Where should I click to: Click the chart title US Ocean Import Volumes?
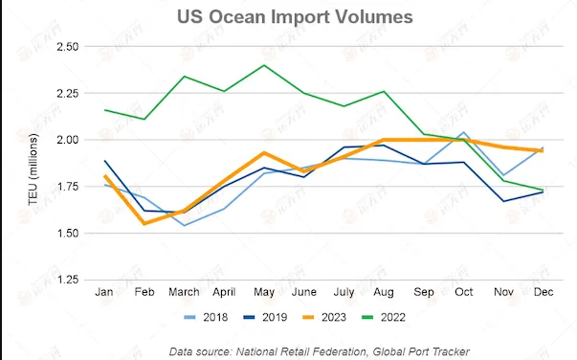[x=295, y=17]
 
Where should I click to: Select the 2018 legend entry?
[x=206, y=317]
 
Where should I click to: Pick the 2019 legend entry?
[x=265, y=317]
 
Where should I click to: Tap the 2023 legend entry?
[x=324, y=317]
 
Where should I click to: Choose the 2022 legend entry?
[x=384, y=317]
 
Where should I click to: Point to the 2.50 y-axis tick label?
[x=68, y=47]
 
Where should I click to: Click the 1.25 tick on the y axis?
[x=68, y=280]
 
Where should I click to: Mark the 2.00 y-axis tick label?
[x=68, y=140]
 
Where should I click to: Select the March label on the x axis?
[x=184, y=292]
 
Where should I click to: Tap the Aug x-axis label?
[x=384, y=292]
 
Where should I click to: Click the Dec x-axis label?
[x=544, y=292]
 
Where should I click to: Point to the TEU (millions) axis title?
[x=33, y=169]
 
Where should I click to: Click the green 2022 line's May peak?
[x=264, y=65]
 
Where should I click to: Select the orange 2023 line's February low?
[x=144, y=223]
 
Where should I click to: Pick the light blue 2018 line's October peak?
[x=464, y=132]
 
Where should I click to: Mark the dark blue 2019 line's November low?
[x=503, y=201]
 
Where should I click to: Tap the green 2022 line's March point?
[x=184, y=77]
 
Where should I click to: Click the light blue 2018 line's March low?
[x=184, y=225]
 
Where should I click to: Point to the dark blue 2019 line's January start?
[x=105, y=161]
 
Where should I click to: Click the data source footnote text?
[x=320, y=351]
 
